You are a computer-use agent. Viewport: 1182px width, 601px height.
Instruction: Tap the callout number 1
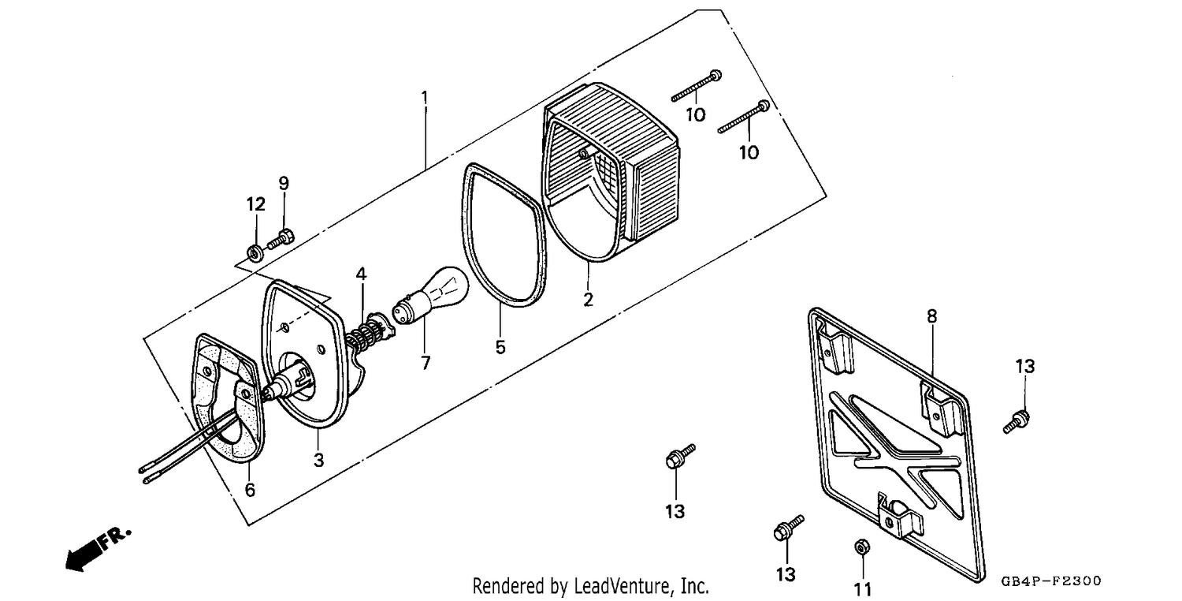point(424,98)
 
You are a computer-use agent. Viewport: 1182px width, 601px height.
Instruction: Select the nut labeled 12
point(255,253)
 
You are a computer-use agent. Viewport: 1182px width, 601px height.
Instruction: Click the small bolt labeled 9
point(281,240)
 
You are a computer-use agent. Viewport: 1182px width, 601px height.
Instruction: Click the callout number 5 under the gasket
point(500,347)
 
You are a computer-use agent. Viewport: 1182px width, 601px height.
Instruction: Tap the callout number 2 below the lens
point(589,300)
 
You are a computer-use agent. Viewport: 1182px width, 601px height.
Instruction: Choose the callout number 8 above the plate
point(932,316)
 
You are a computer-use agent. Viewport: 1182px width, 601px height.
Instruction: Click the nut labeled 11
point(862,547)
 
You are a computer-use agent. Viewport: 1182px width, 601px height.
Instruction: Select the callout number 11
point(863,589)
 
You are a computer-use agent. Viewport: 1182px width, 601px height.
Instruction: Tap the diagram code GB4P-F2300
point(1051,581)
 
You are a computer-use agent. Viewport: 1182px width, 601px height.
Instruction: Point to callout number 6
point(250,490)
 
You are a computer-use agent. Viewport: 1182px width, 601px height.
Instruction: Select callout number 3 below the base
point(318,460)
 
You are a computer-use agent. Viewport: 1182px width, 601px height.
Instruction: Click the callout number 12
point(256,203)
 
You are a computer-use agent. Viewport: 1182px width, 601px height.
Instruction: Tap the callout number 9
point(284,183)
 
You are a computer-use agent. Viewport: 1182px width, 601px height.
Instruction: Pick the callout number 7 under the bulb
point(426,363)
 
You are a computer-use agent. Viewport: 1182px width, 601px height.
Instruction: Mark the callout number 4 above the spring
point(361,274)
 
